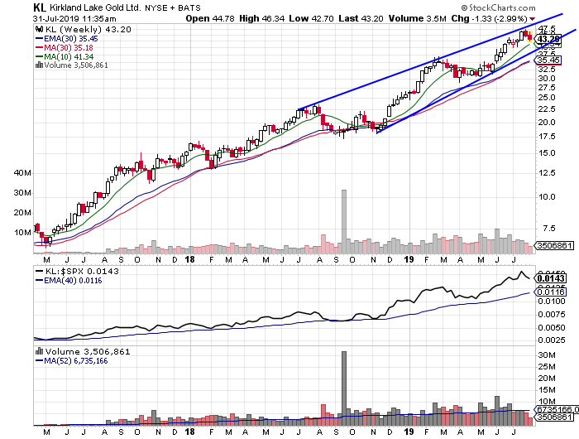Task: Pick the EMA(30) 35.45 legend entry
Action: tap(72, 37)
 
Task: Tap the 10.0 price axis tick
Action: tap(547, 197)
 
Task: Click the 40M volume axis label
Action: tap(22, 173)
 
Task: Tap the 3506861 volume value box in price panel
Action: tap(556, 246)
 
